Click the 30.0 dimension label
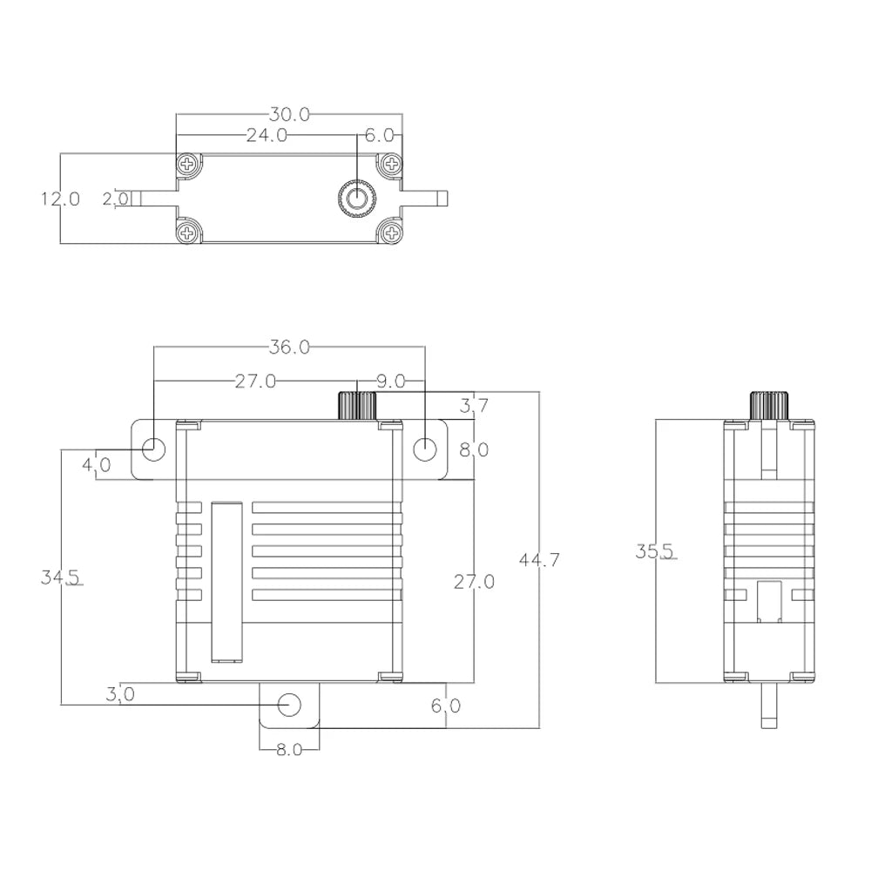(289, 114)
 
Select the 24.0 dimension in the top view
(266, 135)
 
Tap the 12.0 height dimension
(60, 199)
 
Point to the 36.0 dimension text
(289, 347)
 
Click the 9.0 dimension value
(391, 381)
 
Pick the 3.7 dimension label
(474, 404)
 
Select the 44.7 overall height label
(539, 560)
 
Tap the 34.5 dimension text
(61, 577)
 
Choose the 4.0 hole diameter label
(96, 464)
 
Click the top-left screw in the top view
(187, 164)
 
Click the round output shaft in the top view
(356, 199)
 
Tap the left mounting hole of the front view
(153, 449)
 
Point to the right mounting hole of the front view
(424, 449)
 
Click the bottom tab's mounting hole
(289, 705)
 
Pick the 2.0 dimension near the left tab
(115, 199)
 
